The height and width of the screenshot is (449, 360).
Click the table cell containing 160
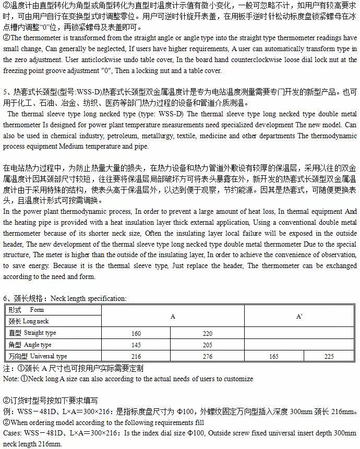tap(136, 333)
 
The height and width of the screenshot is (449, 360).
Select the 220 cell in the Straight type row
tap(208, 333)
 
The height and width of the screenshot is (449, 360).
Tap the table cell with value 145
tap(136, 345)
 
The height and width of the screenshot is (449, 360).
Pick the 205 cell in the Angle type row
tap(208, 345)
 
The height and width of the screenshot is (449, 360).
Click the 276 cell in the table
tap(208, 356)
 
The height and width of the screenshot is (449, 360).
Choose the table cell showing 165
tap(273, 356)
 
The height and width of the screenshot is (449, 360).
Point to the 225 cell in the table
tap(329, 356)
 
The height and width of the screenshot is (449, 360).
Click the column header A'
tap(299, 317)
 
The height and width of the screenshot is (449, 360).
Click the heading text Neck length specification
tap(89, 299)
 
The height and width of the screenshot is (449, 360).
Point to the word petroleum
tap(146, 137)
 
